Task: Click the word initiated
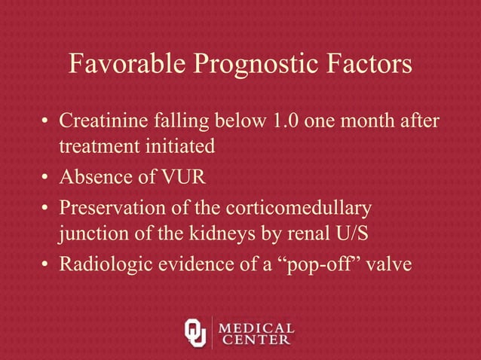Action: (179, 147)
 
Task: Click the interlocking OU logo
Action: (195, 331)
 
